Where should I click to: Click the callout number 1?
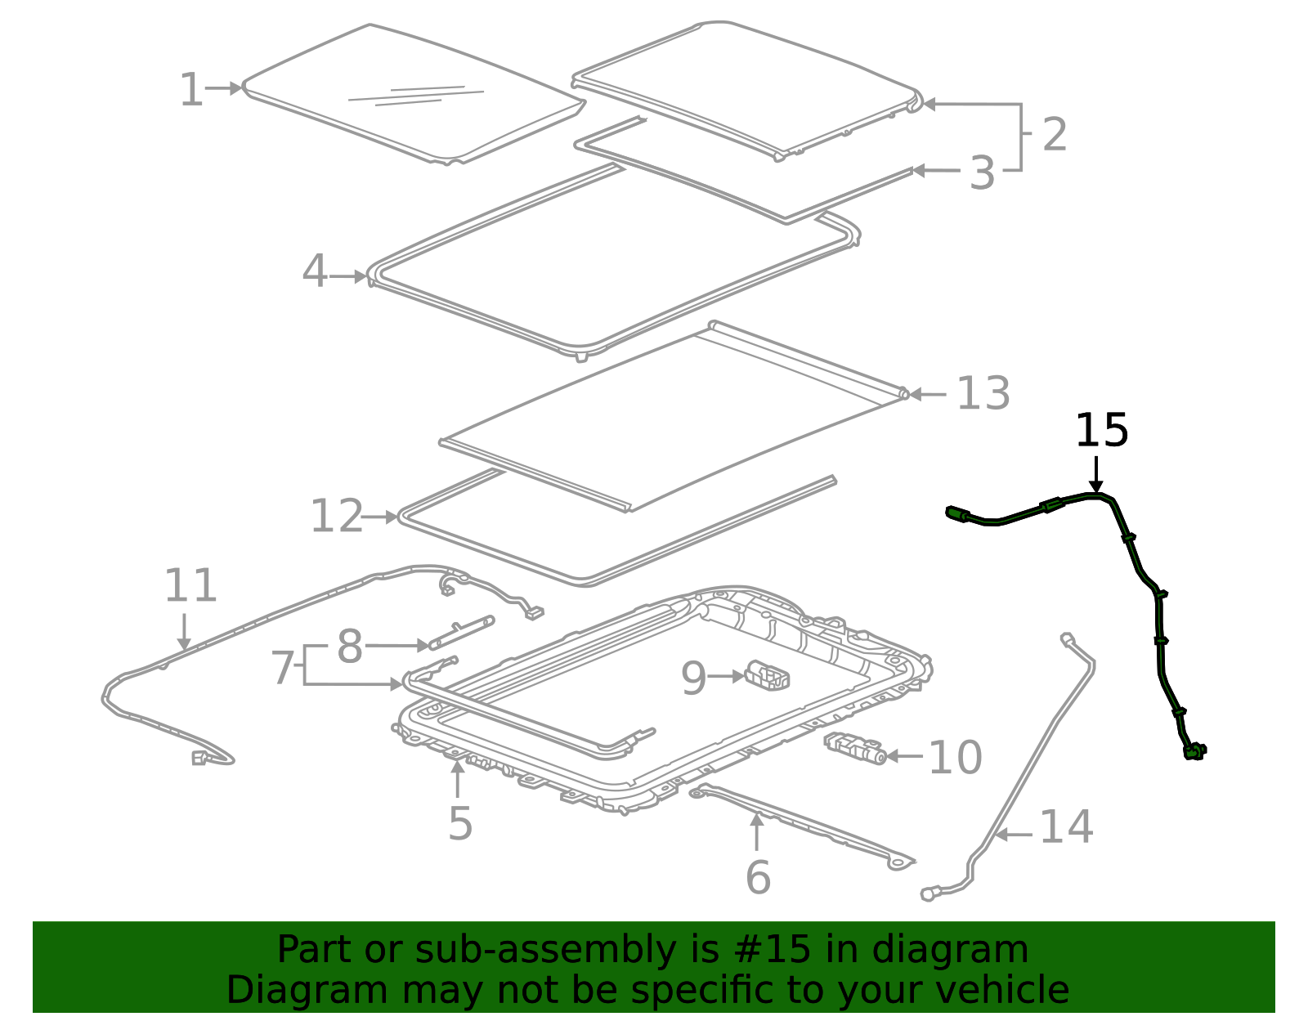click(x=190, y=90)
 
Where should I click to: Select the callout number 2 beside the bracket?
click(x=1055, y=134)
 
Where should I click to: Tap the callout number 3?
click(x=982, y=173)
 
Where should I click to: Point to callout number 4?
click(x=314, y=271)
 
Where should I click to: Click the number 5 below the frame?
click(x=460, y=823)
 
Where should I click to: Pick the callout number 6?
click(x=758, y=877)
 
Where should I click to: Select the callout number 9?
click(x=693, y=678)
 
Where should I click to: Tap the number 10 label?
click(x=955, y=758)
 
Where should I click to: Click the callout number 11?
click(x=190, y=585)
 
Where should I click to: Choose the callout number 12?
click(x=336, y=517)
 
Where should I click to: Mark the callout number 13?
click(x=983, y=394)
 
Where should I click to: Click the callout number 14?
click(x=1065, y=827)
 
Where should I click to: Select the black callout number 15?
click(x=1101, y=431)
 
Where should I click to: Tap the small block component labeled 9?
click(x=767, y=675)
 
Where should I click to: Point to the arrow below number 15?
click(x=1096, y=475)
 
